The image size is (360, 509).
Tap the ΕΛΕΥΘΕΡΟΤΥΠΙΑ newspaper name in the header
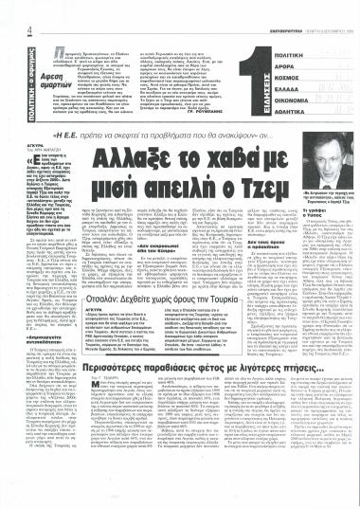261,9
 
